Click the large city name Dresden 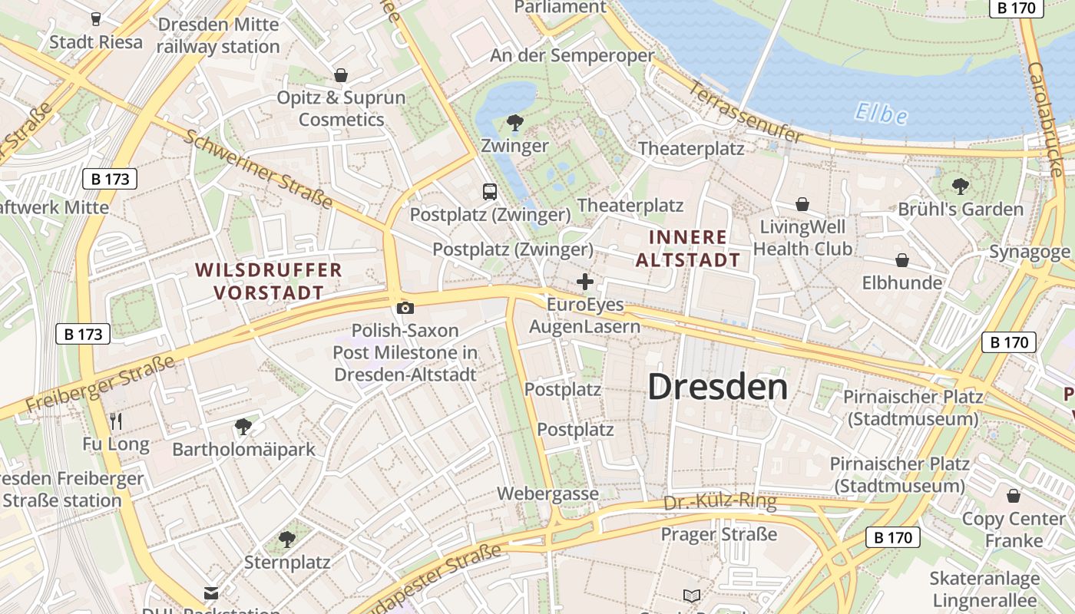coord(717,387)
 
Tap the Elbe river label coord(881,114)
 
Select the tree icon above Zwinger coord(514,123)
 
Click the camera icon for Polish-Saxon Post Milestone coord(405,308)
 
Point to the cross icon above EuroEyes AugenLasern coord(585,282)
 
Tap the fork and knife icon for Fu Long coord(116,421)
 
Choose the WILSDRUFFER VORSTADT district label coord(268,281)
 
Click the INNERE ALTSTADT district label coord(689,248)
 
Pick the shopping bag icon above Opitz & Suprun coord(341,75)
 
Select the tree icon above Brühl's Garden coord(960,186)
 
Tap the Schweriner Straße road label coord(259,169)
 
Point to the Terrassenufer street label coord(746,114)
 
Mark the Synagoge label coord(1029,252)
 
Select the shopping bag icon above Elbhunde coord(902,260)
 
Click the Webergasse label coord(547,494)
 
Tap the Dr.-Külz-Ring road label coord(719,503)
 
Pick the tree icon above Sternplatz coord(287,540)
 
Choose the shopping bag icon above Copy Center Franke coord(1014,496)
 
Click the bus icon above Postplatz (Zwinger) coord(489,192)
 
